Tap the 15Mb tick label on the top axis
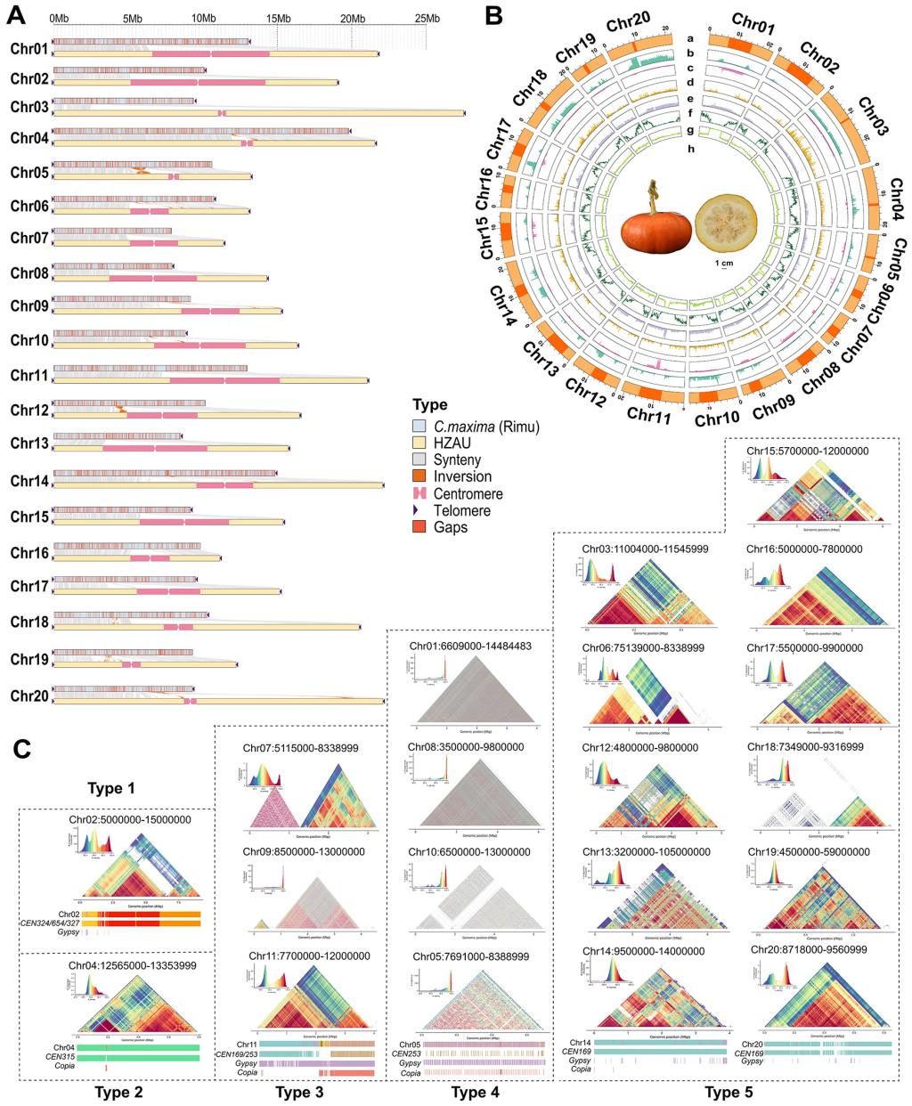tap(277, 18)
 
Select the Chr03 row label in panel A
tap(28, 107)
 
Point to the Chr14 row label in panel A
tap(28, 481)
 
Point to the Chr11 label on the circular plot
tap(651, 413)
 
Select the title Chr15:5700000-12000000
tap(806, 450)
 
